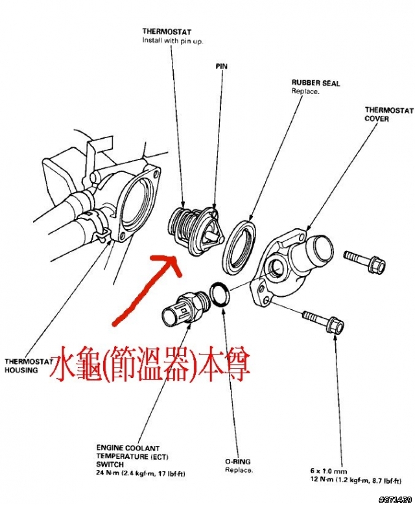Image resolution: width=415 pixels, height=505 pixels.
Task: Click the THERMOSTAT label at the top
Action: (x=167, y=31)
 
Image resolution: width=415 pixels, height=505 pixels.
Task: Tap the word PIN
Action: (x=221, y=66)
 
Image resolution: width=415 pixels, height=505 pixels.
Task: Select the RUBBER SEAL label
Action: (x=316, y=84)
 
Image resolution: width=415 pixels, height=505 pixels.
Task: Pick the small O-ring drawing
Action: (x=220, y=295)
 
